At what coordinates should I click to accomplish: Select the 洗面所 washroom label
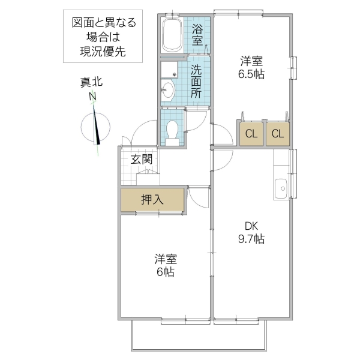coord(197,81)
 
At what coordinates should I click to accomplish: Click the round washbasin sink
coord(169,92)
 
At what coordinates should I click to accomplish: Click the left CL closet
coord(251,134)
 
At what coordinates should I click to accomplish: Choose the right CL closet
coord(277,134)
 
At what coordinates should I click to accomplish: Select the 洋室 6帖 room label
coord(165,265)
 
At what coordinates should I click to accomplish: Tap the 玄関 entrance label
coord(141,160)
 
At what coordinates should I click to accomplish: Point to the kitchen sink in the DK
coord(280,189)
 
